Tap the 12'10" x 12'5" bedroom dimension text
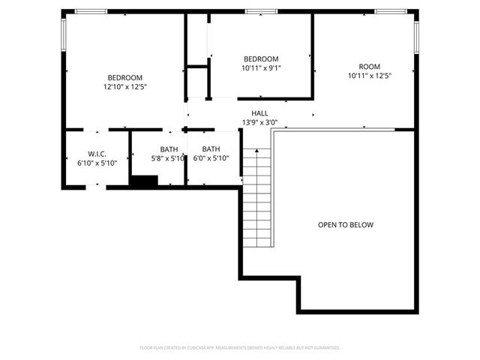(x=124, y=87)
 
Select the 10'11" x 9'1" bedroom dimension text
(x=261, y=68)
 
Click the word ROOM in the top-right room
(x=369, y=66)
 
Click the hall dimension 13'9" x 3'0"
(x=259, y=122)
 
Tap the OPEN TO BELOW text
(x=345, y=225)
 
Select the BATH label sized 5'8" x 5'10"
(x=169, y=149)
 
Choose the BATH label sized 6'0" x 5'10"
(x=211, y=149)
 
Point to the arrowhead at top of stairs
(x=256, y=151)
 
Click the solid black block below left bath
(x=143, y=181)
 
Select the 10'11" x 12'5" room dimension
(x=369, y=75)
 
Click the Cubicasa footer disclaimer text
(x=240, y=348)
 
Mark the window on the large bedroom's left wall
(x=64, y=34)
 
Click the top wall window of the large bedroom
(x=91, y=11)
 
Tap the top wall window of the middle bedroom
(x=261, y=11)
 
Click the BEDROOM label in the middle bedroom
(x=261, y=59)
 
